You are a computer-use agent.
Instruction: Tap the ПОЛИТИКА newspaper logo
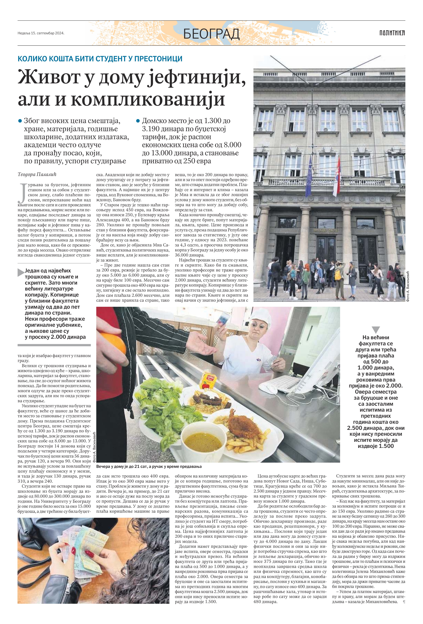click(392, 33)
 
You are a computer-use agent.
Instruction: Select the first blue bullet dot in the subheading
click(20, 121)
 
